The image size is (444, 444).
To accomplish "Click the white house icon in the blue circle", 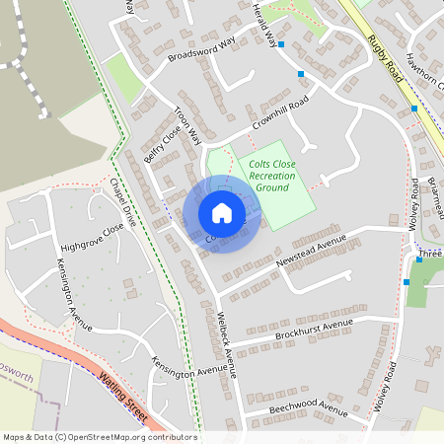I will [x=222, y=213].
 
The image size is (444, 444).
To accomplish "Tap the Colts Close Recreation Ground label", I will [x=272, y=176].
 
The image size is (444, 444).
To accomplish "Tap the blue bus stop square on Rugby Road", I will [x=414, y=109].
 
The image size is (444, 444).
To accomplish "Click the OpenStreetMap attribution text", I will [x=100, y=437].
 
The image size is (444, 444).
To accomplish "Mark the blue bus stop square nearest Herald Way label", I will [x=281, y=44].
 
